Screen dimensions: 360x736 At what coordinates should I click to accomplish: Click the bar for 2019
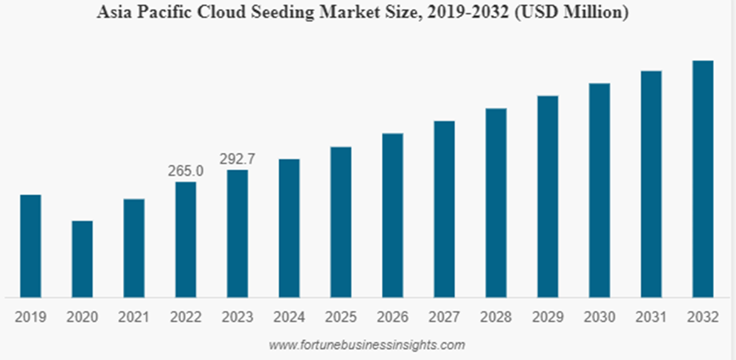tap(31, 246)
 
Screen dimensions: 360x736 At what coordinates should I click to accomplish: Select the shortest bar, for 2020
tap(82, 259)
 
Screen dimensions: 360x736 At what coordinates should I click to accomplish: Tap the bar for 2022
tap(186, 239)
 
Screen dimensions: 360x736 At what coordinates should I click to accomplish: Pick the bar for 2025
tap(340, 222)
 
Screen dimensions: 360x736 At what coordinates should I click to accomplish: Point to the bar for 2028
tap(496, 203)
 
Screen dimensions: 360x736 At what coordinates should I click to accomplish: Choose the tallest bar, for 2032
tap(702, 179)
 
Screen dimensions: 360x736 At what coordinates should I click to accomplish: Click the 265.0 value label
tap(186, 171)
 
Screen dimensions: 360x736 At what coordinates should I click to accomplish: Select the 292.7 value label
tap(238, 158)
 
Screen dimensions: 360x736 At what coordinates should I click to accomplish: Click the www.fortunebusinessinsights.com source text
tap(367, 345)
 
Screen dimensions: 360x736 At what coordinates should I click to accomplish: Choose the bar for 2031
tap(651, 184)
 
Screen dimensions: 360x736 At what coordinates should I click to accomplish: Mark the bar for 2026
tap(392, 215)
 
